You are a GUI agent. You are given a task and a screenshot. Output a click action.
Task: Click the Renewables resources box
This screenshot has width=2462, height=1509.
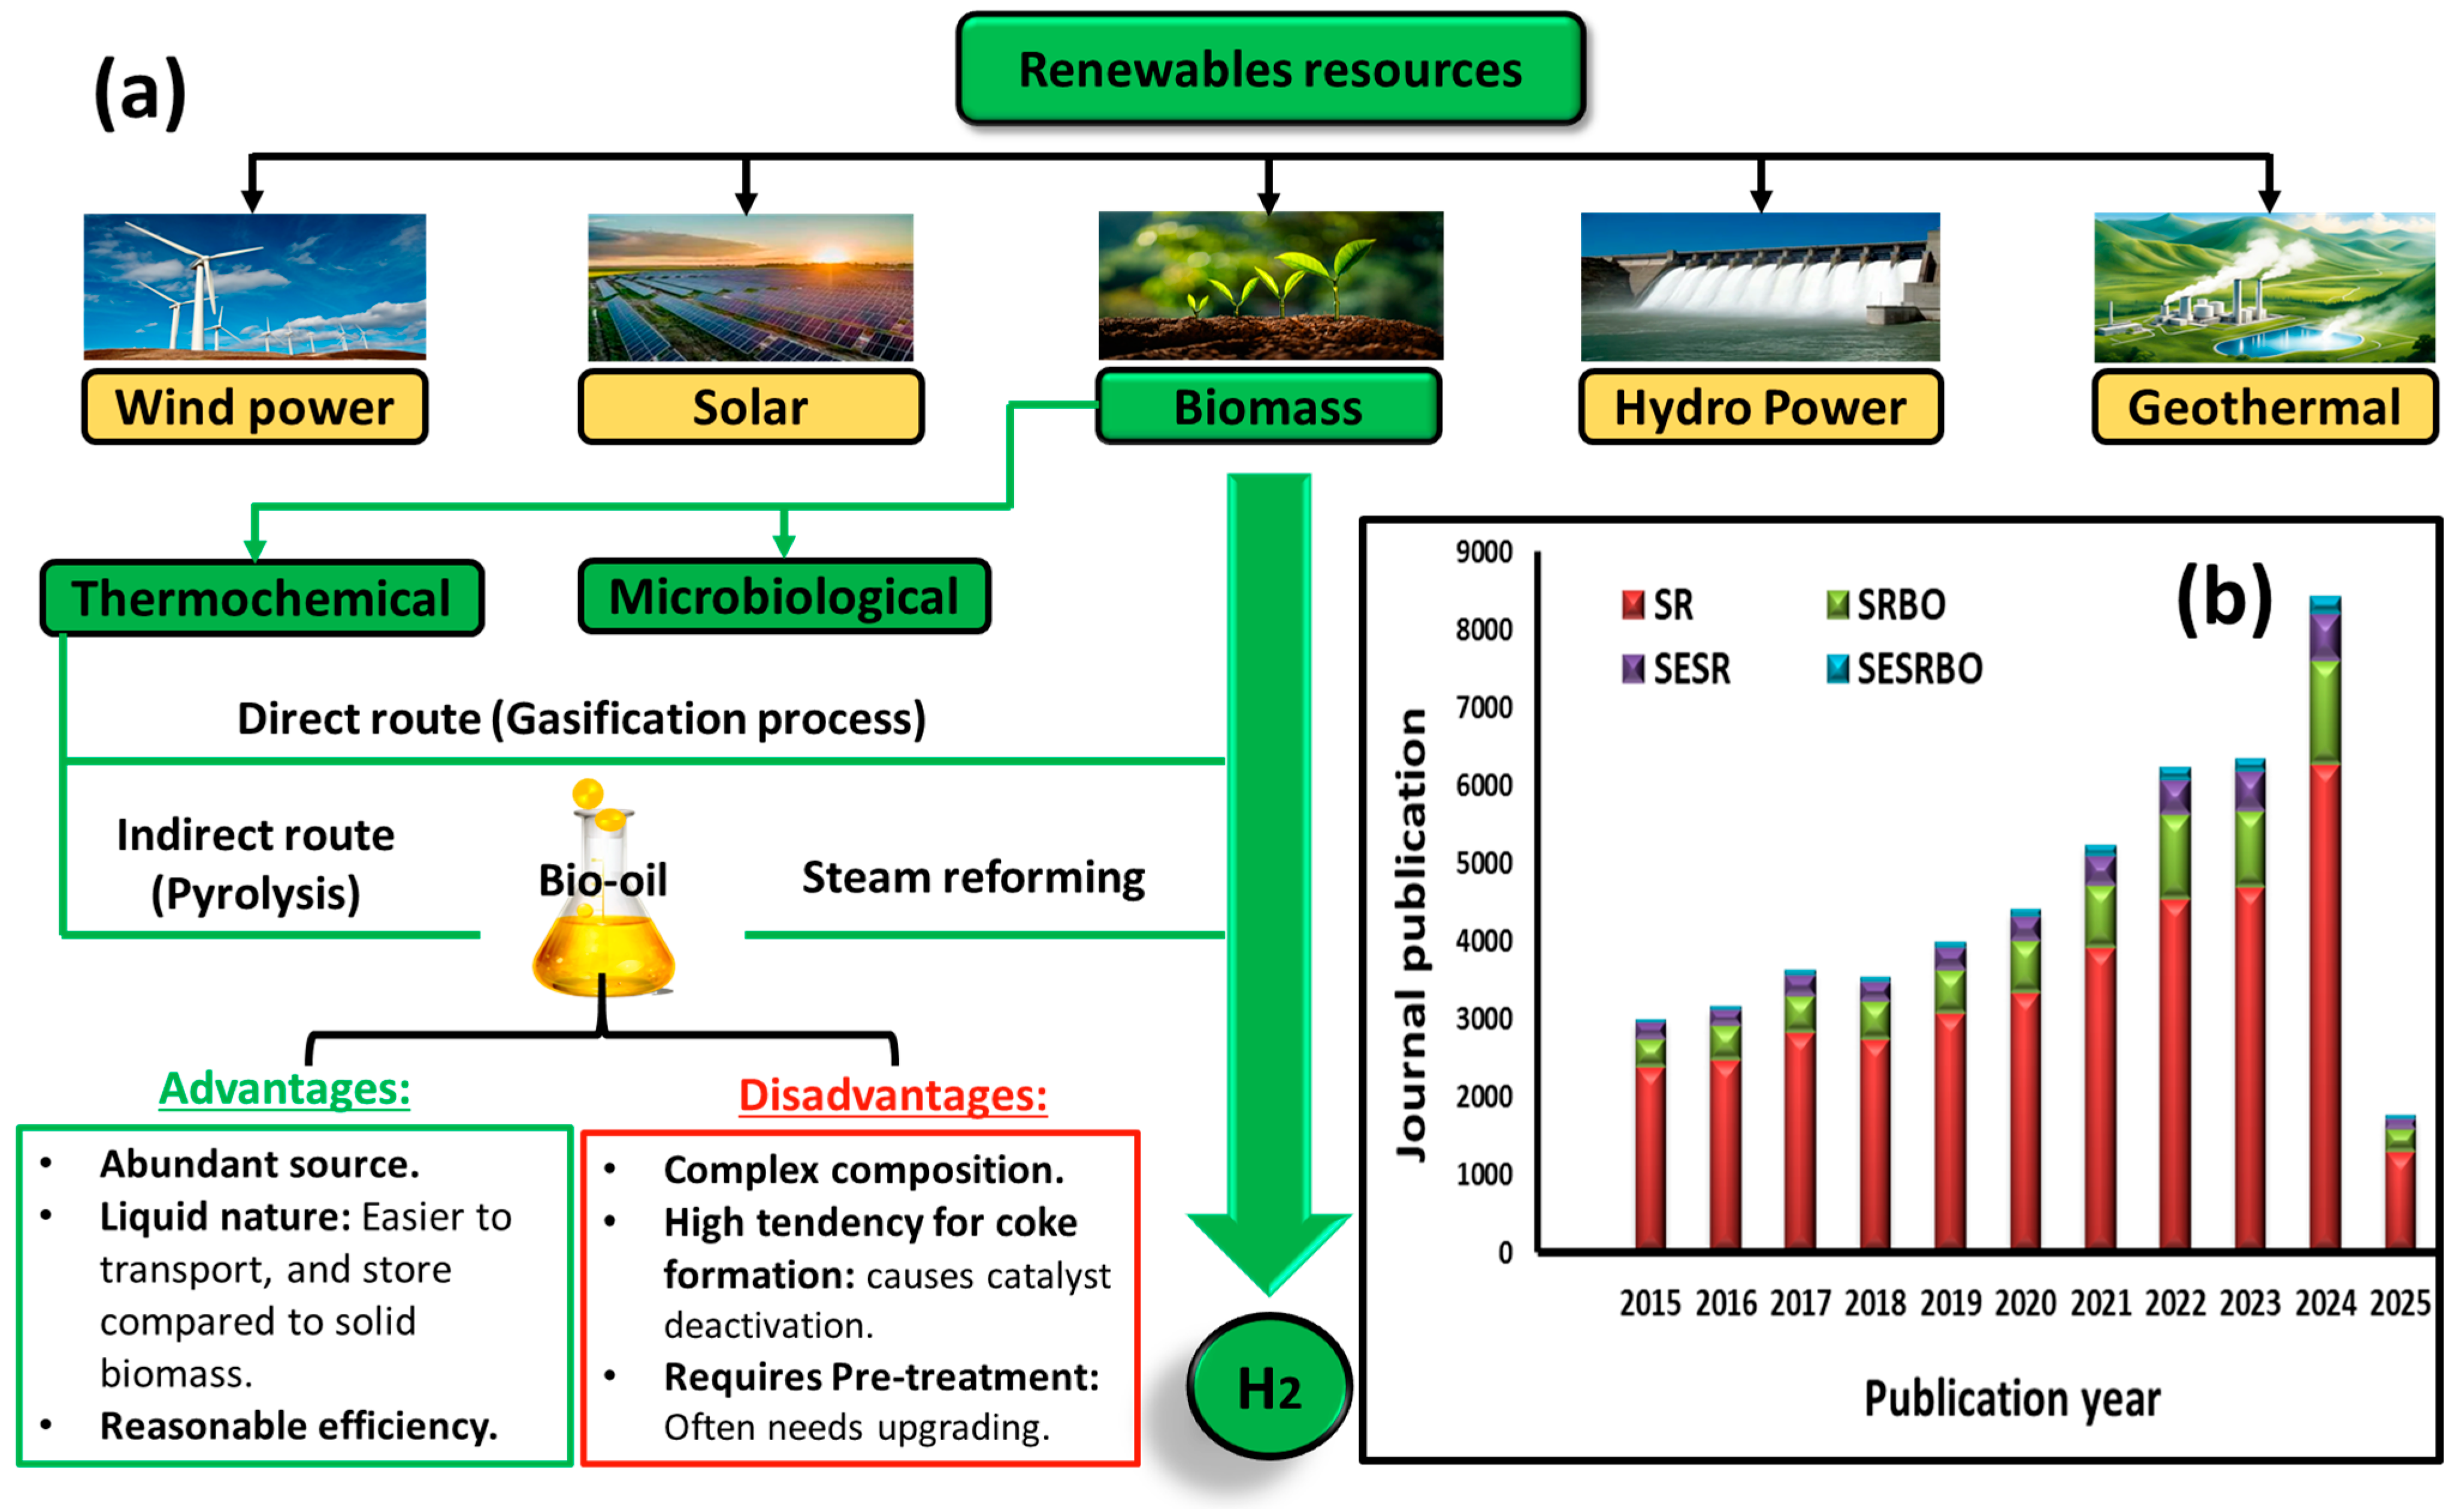pos(1270,69)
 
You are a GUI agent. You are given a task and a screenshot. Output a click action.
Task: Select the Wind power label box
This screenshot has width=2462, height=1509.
pos(255,407)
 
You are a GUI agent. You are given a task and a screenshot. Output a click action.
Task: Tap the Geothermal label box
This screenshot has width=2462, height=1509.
pos(2264,407)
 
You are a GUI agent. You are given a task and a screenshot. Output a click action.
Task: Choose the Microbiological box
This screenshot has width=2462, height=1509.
pos(784,597)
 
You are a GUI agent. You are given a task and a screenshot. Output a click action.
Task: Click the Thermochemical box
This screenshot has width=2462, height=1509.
pos(262,598)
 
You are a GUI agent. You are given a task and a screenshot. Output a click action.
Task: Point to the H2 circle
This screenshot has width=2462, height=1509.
pos(1269,1387)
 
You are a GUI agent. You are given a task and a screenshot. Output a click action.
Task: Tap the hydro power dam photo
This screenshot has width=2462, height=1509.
pos(1759,287)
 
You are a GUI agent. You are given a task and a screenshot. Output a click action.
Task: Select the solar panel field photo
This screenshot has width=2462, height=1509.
pos(751,287)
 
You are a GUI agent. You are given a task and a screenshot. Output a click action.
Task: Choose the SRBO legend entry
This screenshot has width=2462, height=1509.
pos(1886,604)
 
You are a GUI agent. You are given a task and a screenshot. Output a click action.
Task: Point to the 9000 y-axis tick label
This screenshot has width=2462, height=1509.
pos(1484,552)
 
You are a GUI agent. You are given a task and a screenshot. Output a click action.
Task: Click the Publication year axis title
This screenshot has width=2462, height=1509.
pos(2012,1398)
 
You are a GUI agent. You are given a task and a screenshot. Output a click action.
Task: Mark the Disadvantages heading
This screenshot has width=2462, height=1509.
pos(893,1095)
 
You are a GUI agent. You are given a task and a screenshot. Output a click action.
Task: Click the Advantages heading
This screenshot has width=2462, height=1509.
pos(285,1088)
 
